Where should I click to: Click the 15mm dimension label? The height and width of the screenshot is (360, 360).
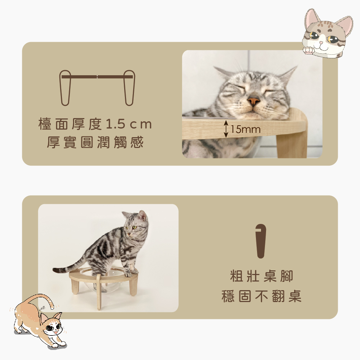coord(246,129)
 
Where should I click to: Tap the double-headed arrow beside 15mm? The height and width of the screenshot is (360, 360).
coord(226,129)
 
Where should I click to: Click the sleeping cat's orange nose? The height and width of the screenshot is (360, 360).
coord(253,101)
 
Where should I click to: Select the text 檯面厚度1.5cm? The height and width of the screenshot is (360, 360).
coord(95,124)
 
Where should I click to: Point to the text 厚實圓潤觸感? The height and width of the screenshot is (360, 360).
coord(95,142)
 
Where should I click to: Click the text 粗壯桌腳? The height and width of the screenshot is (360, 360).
coord(261,276)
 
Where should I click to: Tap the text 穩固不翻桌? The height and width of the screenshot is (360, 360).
coord(261,296)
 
